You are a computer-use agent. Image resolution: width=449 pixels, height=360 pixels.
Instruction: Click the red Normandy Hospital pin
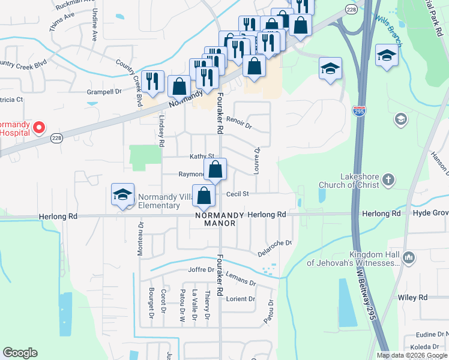point(39,127)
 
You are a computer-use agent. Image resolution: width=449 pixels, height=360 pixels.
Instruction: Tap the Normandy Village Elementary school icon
point(123,195)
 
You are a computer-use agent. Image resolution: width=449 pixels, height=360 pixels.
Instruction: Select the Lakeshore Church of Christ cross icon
point(388,179)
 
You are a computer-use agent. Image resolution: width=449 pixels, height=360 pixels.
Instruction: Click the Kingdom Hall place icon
point(409,258)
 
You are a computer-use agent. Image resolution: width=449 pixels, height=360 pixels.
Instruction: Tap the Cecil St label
point(237,194)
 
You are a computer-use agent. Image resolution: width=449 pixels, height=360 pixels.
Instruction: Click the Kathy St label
point(202,156)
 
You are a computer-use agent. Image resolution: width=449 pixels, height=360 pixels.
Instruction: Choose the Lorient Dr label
point(241,299)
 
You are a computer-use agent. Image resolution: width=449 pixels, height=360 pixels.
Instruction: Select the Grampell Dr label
point(104,92)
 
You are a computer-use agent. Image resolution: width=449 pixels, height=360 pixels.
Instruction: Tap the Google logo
point(20,352)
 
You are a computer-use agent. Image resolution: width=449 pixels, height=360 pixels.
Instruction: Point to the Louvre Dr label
point(257,158)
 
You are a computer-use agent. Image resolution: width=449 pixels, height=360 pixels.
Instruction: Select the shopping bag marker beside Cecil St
point(205,196)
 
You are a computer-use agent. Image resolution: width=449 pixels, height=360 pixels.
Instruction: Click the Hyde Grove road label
point(430,214)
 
